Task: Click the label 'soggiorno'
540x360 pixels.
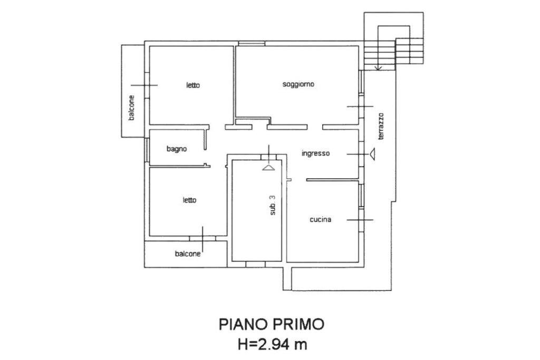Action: pyautogui.click(x=298, y=84)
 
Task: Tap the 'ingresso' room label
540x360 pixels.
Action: pyautogui.click(x=315, y=153)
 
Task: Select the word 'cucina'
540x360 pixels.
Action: pyautogui.click(x=320, y=220)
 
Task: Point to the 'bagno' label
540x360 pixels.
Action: pyautogui.click(x=177, y=149)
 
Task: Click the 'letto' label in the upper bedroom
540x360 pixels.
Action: pyautogui.click(x=192, y=85)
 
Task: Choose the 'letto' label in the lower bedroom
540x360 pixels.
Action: pyautogui.click(x=189, y=200)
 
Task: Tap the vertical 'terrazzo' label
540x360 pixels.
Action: pyautogui.click(x=381, y=127)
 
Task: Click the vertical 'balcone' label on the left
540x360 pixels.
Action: pyautogui.click(x=131, y=108)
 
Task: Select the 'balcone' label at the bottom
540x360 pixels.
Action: pyautogui.click(x=188, y=254)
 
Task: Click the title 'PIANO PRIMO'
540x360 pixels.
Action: pyautogui.click(x=271, y=324)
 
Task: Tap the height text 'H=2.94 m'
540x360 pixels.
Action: pyautogui.click(x=271, y=345)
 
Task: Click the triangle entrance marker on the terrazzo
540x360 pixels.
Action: pyautogui.click(x=373, y=154)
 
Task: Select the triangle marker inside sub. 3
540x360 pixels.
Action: pyautogui.click(x=268, y=167)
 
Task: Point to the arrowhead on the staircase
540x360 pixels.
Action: pyautogui.click(x=378, y=68)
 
